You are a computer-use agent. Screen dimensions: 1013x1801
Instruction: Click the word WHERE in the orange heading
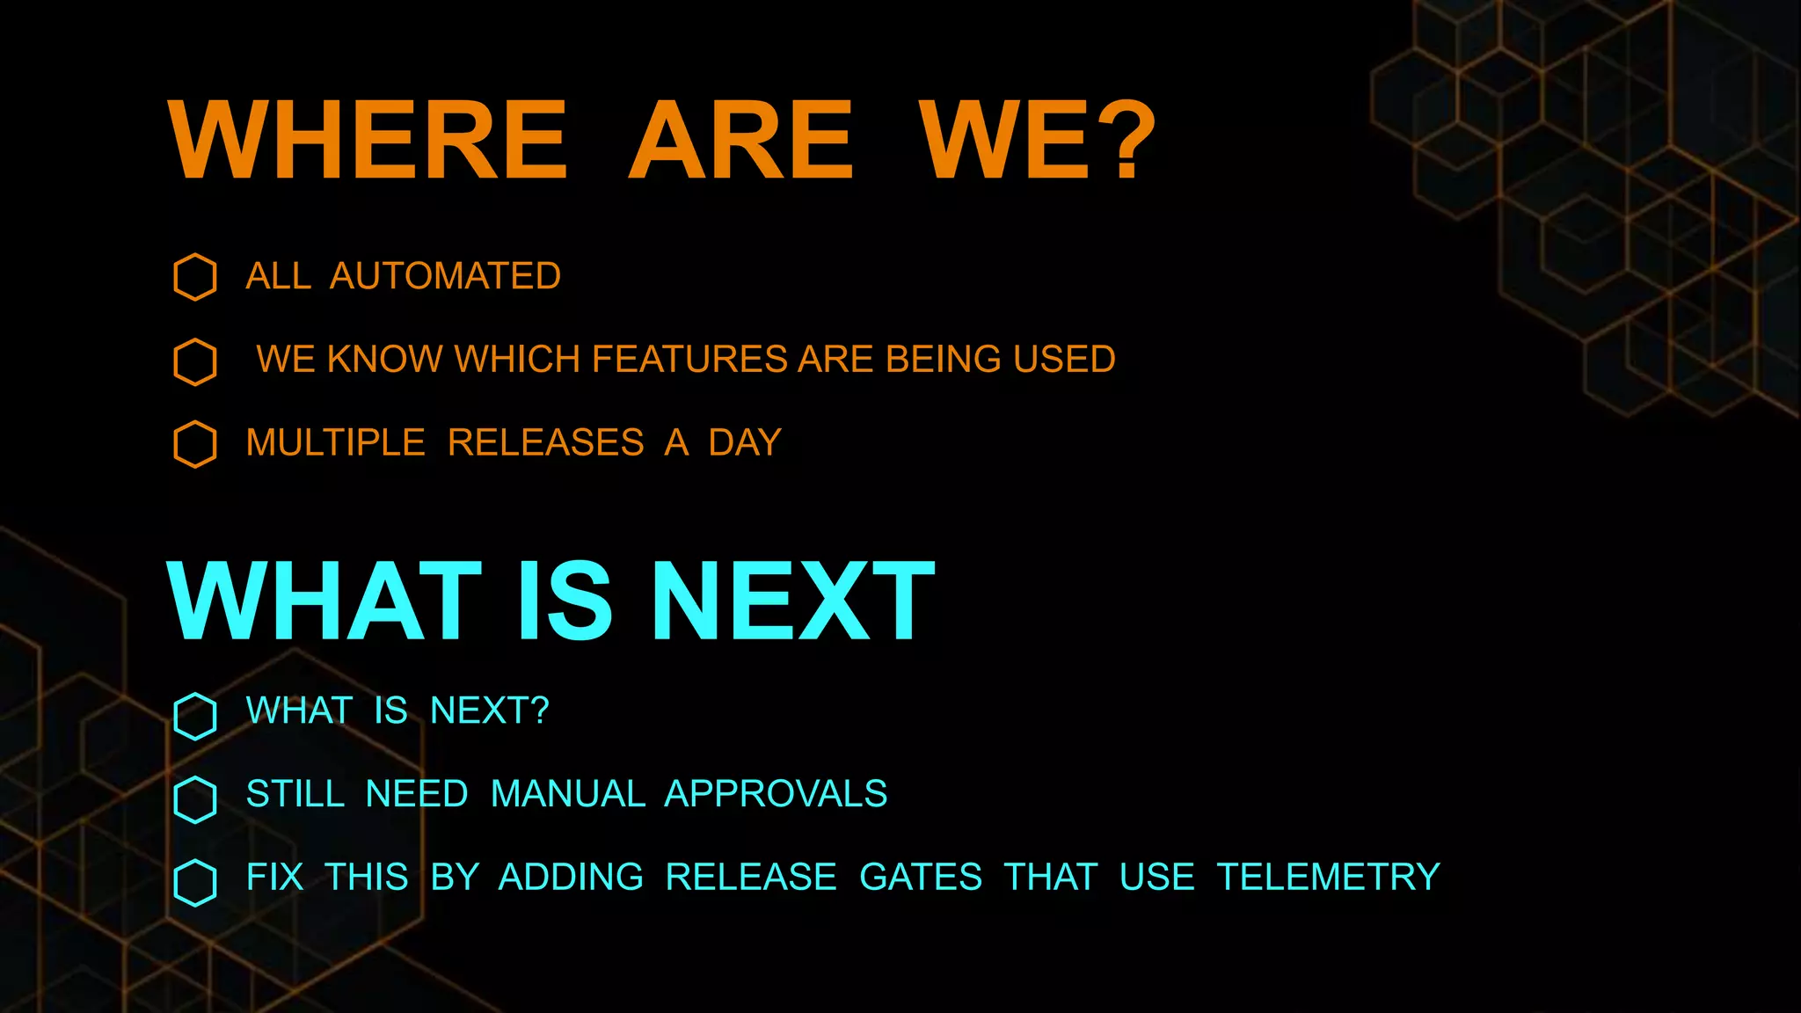[x=368, y=140]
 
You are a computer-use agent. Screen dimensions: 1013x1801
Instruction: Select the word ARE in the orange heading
[x=740, y=140]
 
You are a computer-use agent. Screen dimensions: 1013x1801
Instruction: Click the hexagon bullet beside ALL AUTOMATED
[x=195, y=277]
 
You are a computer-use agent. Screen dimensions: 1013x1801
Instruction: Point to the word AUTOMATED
[x=445, y=276]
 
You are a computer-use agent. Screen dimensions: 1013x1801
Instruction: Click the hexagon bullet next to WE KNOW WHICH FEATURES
[x=195, y=361]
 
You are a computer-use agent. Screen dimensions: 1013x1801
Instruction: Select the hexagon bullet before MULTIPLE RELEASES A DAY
[x=195, y=444]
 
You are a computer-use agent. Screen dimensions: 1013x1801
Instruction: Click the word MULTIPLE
[x=335, y=442]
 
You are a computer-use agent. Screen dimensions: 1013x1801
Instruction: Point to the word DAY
[x=745, y=442]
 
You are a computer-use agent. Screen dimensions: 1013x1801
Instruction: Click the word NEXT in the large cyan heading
[x=792, y=602]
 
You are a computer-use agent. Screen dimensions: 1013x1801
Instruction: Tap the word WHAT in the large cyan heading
[x=324, y=602]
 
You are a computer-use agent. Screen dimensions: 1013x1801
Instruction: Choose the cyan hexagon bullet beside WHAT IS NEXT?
[x=195, y=716]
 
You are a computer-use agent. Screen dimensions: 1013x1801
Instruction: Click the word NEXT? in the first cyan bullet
[x=489, y=711]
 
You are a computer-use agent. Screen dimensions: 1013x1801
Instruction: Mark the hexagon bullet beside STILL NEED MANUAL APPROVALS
[x=195, y=799]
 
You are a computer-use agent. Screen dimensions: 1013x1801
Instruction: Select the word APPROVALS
[x=776, y=794]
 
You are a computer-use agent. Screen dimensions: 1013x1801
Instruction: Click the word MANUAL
[x=567, y=794]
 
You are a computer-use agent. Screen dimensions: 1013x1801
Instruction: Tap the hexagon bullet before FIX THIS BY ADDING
[x=195, y=883]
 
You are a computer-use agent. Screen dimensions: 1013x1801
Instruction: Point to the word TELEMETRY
[x=1328, y=878]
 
